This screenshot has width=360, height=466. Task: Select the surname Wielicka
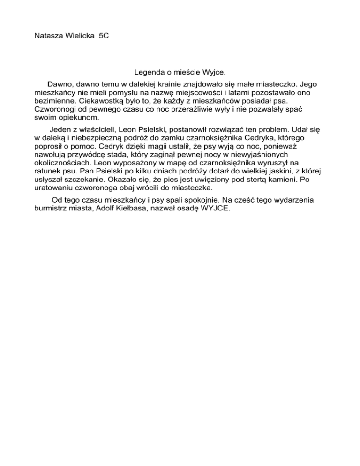pyautogui.click(x=80, y=36)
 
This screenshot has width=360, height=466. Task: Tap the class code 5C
pyautogui.click(x=104, y=36)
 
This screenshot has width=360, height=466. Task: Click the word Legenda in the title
pyautogui.click(x=149, y=73)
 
